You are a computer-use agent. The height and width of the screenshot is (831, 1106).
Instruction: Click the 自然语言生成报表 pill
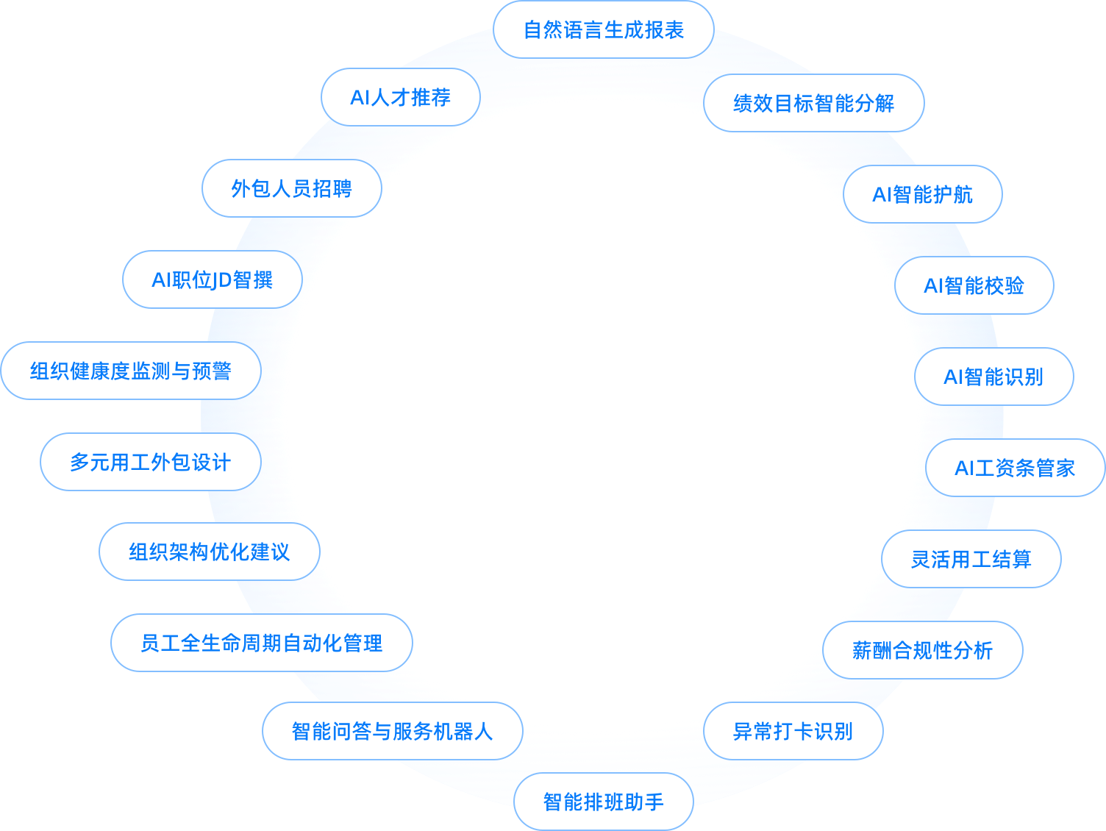(x=603, y=30)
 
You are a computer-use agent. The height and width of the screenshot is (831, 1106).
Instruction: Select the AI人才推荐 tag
(x=400, y=97)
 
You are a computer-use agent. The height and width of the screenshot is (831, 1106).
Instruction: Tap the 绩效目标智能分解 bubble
(x=813, y=103)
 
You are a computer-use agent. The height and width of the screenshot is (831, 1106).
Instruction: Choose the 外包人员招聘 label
(x=291, y=188)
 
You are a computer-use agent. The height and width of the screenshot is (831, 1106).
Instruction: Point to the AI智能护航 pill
(x=922, y=194)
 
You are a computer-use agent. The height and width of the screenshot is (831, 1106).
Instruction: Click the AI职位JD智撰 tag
(x=212, y=279)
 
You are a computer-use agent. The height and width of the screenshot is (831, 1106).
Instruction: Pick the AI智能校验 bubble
(x=974, y=285)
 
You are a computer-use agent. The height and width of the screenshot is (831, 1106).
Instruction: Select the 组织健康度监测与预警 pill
(x=131, y=371)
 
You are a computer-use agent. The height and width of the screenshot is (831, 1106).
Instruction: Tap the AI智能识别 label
(x=993, y=377)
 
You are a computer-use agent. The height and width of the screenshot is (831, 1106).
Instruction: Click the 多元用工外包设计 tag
(x=150, y=462)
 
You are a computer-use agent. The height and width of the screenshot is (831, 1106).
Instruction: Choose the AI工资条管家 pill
(x=1015, y=468)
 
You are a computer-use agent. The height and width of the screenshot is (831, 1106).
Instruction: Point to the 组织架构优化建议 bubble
(x=209, y=552)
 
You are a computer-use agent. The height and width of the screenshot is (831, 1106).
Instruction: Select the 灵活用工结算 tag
(x=971, y=559)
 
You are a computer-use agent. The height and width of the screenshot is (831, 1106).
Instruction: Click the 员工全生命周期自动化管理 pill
(x=261, y=643)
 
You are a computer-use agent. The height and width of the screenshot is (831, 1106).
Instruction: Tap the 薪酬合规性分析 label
(x=922, y=650)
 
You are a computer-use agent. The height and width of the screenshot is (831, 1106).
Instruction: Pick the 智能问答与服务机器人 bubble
(x=392, y=731)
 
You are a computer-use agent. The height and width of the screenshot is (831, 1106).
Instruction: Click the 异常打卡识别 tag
(x=793, y=731)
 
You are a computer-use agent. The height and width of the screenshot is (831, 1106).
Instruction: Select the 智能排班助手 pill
(x=603, y=802)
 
